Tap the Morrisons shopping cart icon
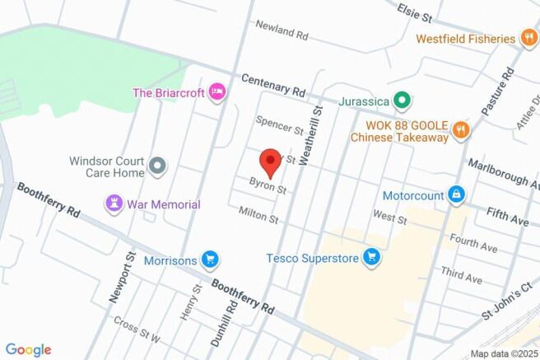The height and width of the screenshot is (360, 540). click(211, 260)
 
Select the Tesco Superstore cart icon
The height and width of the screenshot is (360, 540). click(372, 258)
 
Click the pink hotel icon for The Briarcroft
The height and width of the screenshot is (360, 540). click(216, 91)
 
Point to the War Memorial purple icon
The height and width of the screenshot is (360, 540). click(114, 203)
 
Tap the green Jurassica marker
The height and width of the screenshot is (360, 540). click(402, 101)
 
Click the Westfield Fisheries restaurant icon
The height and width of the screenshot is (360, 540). click(529, 38)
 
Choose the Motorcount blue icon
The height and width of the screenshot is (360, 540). click(455, 195)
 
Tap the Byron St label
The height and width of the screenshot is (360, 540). click(268, 189)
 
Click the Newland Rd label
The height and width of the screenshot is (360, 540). click(281, 36)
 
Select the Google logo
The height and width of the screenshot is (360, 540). click(29, 349)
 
